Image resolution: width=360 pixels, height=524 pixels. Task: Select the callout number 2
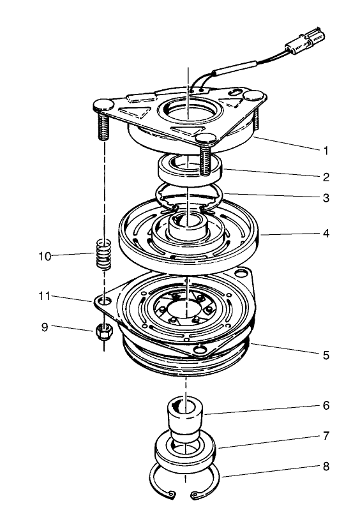326,177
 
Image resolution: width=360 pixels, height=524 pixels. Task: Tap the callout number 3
326,198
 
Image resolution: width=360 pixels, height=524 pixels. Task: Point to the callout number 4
326,234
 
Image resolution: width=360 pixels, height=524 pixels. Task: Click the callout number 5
326,355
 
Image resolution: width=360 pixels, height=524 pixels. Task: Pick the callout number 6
326,406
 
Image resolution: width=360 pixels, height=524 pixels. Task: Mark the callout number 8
326,467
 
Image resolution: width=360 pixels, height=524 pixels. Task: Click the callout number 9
45,327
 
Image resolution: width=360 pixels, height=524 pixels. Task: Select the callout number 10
45,257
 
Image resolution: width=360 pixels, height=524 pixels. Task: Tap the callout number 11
45,297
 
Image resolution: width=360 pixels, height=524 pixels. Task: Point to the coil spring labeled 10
103,254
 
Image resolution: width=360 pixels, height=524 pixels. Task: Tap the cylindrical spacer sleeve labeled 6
184,416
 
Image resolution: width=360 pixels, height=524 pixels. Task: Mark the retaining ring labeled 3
188,197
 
